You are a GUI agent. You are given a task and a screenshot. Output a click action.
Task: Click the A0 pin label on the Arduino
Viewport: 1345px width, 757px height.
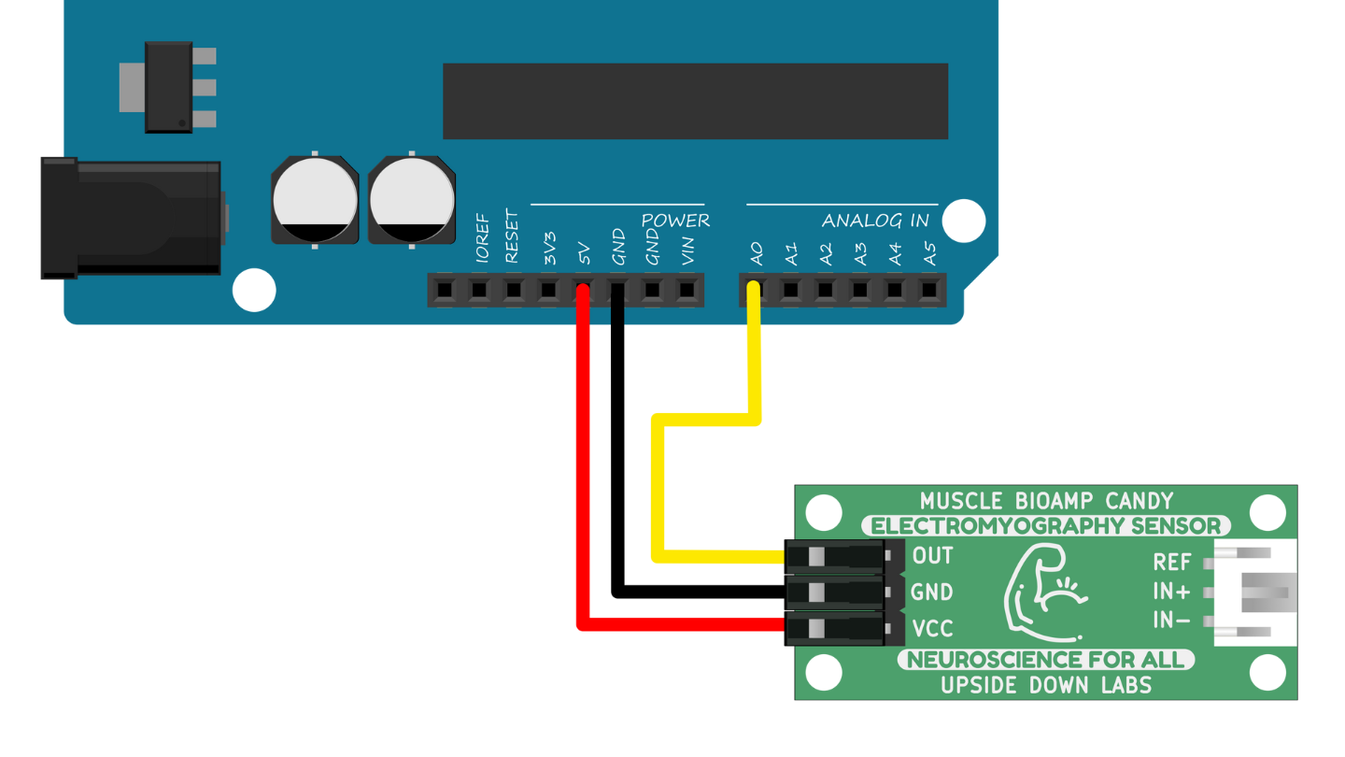[x=757, y=253]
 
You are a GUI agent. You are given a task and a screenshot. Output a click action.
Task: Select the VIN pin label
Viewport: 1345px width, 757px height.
[x=688, y=251]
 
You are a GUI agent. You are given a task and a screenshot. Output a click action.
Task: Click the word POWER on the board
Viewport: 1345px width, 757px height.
[x=675, y=221]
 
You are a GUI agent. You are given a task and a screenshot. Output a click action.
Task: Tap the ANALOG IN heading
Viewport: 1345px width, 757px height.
[x=875, y=221]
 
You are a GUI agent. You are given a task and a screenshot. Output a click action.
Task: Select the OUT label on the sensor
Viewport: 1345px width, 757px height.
[x=932, y=556]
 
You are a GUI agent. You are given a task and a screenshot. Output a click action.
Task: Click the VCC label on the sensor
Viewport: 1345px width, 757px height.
[x=932, y=628]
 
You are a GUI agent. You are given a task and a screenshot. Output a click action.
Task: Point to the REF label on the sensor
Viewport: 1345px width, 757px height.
[x=1171, y=563]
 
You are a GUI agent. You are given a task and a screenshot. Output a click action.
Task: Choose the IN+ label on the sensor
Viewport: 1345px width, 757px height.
[x=1171, y=592]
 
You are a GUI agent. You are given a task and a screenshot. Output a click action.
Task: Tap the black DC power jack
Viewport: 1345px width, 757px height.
[x=131, y=218]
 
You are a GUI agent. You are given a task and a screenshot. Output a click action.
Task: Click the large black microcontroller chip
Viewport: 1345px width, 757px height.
[x=695, y=101]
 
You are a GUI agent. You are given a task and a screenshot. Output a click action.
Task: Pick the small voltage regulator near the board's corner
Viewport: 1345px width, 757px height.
[x=169, y=87]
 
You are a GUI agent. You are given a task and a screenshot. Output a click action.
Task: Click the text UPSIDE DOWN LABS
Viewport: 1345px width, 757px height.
[x=1045, y=685]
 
